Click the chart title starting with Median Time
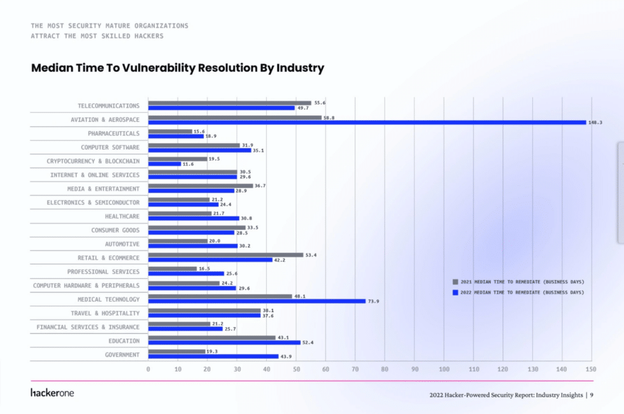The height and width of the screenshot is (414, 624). (x=178, y=68)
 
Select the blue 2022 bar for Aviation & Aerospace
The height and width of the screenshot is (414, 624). (x=367, y=122)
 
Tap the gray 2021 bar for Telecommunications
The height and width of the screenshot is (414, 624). (x=229, y=103)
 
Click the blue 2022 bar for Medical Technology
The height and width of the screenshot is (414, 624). (x=257, y=301)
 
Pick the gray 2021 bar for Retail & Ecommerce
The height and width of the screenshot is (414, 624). (x=226, y=255)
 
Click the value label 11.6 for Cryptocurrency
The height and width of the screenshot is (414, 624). (x=189, y=164)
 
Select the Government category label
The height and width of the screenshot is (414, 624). (x=122, y=354)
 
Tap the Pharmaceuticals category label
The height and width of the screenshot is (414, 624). (x=113, y=134)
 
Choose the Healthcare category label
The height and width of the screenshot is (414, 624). (x=122, y=217)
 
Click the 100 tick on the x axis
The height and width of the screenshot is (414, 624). (x=444, y=369)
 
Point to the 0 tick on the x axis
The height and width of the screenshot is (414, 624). (x=148, y=369)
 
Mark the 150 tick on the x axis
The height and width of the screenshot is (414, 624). (x=591, y=369)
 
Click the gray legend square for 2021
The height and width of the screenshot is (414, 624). (x=455, y=282)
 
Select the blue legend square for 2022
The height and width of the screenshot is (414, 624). (x=455, y=292)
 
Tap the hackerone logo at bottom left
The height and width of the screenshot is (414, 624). (x=52, y=392)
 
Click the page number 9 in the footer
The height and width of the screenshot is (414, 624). (x=592, y=395)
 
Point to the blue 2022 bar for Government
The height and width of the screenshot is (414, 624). (x=213, y=357)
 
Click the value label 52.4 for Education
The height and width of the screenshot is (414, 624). (x=308, y=343)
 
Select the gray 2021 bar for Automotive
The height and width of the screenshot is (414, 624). (x=178, y=241)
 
